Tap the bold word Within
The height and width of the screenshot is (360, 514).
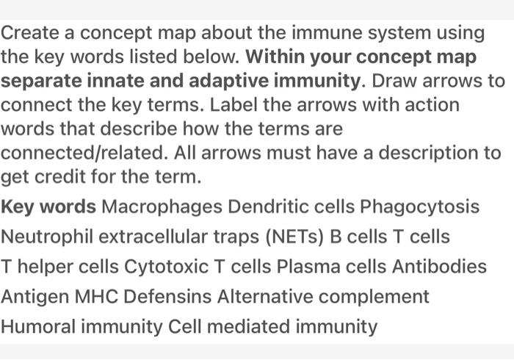(x=275, y=57)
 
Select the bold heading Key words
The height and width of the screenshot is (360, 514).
(x=48, y=207)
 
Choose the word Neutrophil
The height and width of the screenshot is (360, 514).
(x=47, y=237)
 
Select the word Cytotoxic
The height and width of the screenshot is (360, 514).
(x=166, y=266)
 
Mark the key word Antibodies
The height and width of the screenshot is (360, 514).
(x=439, y=266)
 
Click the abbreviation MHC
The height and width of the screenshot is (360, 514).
(x=96, y=296)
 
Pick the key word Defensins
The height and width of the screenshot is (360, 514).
(x=167, y=296)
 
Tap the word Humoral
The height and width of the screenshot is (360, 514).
(x=38, y=326)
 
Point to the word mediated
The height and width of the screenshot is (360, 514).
(x=248, y=326)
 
